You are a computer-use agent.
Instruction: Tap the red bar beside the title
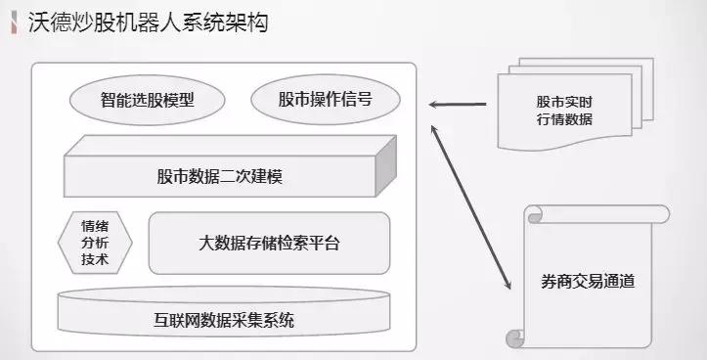click(13, 20)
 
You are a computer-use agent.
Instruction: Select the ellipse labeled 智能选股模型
click(147, 100)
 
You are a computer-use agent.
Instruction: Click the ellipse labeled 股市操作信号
click(325, 100)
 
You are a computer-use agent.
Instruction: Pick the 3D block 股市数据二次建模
click(220, 177)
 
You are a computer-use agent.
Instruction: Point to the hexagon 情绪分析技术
click(96, 242)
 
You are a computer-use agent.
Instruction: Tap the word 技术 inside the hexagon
click(96, 260)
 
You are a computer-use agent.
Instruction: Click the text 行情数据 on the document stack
click(564, 120)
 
